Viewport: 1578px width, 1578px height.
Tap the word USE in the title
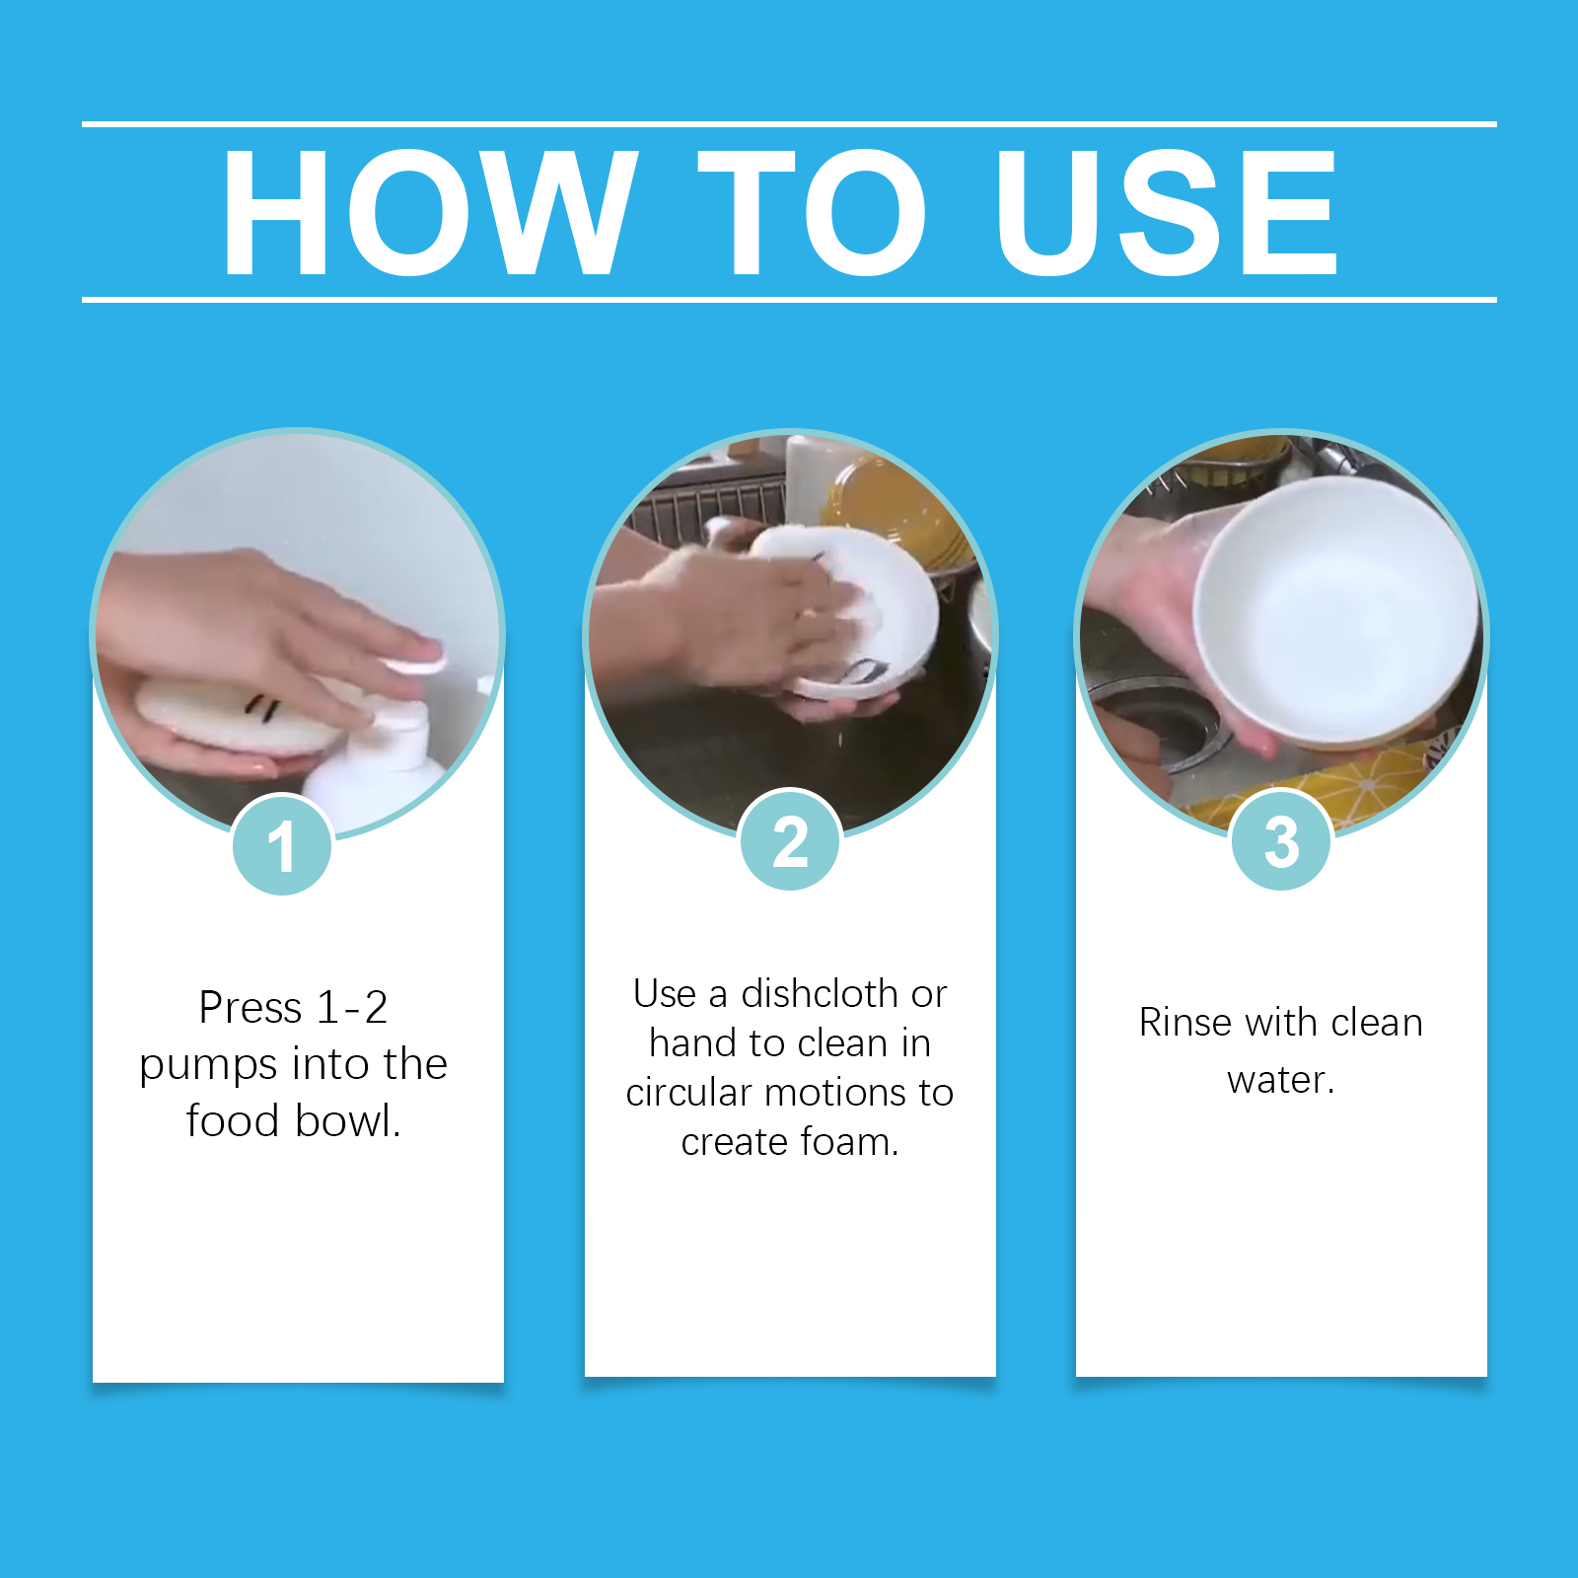click(1167, 212)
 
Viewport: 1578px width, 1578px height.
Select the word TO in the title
click(812, 212)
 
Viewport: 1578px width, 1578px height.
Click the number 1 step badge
click(282, 845)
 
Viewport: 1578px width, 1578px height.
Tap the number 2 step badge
click(790, 841)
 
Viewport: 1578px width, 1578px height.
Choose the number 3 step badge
click(1281, 841)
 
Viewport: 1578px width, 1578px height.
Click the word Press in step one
click(251, 1008)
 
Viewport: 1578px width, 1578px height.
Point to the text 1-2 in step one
click(352, 1008)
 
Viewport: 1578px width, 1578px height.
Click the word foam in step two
click(848, 1142)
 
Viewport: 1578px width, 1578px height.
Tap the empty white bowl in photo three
click(1336, 611)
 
